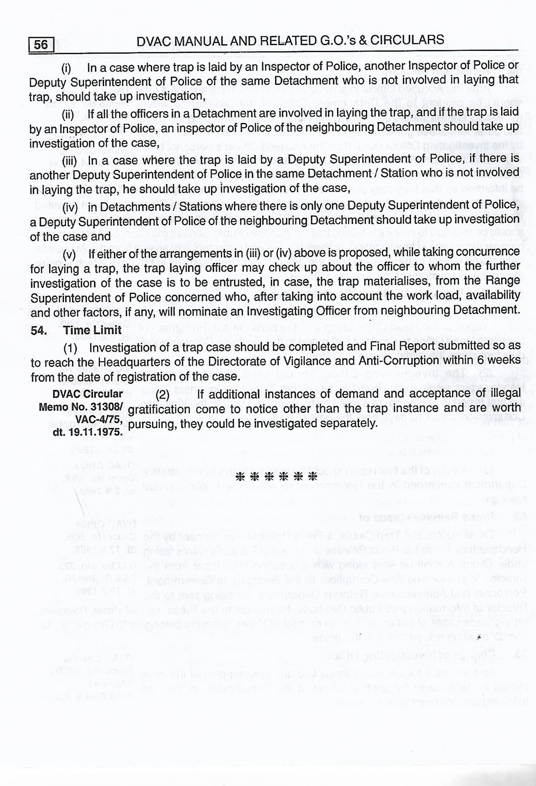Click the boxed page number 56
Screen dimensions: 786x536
41,45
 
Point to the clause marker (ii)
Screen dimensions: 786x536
68,114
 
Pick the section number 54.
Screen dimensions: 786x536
38,330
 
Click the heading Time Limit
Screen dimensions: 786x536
92,330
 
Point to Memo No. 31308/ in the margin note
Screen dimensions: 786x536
80,407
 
